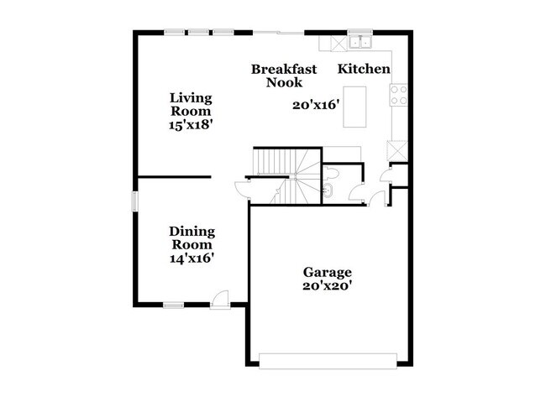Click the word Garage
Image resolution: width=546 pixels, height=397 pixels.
point(328,273)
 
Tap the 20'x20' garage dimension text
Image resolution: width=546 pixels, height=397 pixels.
point(328,285)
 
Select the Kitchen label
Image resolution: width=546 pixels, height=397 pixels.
point(364,69)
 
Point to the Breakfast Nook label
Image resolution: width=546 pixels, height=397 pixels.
point(284,76)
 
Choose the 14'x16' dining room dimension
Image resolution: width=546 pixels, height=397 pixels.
point(192,259)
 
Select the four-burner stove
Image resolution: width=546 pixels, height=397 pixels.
point(397,93)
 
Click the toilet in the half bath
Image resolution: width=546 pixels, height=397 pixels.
point(333,173)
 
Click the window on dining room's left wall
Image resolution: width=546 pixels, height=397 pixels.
point(134,202)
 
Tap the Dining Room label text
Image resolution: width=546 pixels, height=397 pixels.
point(192,238)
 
